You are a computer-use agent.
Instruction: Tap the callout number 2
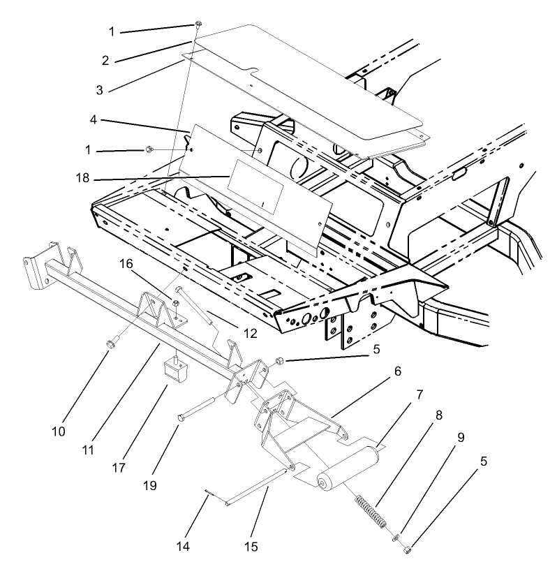pos(105,60)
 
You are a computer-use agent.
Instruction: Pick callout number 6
pos(397,371)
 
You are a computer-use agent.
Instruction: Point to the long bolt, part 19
pos(202,408)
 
